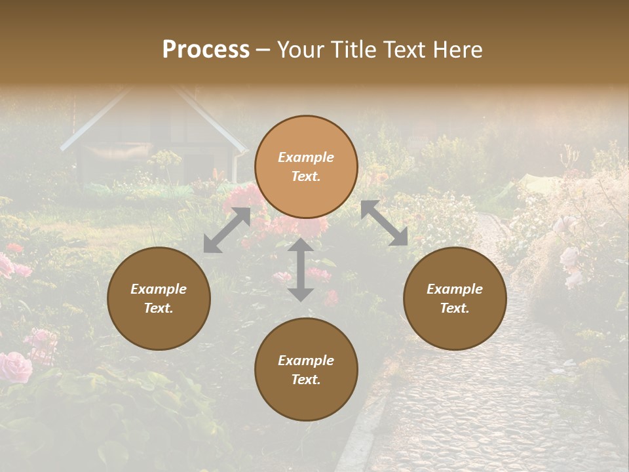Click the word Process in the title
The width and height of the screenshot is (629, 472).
click(x=206, y=50)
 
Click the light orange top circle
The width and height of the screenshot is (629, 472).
click(x=306, y=167)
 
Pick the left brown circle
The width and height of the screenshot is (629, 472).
click(x=159, y=298)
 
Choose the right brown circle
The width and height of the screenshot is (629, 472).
click(x=455, y=298)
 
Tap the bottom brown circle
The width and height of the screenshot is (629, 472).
click(x=306, y=370)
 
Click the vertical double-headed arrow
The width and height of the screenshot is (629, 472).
click(x=301, y=269)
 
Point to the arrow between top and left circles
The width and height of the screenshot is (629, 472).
click(x=227, y=230)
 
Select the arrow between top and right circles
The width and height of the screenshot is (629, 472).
click(x=384, y=223)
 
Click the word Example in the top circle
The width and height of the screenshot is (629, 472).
click(x=306, y=157)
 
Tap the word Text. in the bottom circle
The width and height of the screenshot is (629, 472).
click(x=306, y=380)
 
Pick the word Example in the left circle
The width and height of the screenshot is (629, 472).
click(x=159, y=289)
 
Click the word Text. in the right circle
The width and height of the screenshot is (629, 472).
click(x=455, y=308)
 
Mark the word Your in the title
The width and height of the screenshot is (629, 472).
click(x=299, y=50)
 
